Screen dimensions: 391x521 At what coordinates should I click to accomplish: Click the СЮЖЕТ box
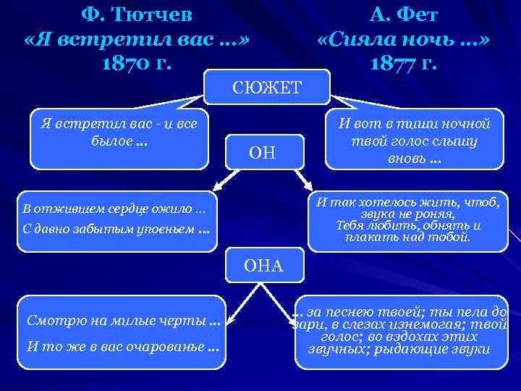pyautogui.click(x=267, y=88)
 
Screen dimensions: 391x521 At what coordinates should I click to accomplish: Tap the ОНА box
pyautogui.click(x=263, y=266)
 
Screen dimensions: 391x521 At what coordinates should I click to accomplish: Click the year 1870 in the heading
pyautogui.click(x=128, y=62)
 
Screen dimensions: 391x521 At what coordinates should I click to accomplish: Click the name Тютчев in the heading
pyautogui.click(x=148, y=14)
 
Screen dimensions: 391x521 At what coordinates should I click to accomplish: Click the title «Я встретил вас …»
pyautogui.click(x=137, y=38)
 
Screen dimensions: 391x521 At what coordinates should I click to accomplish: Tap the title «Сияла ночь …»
pyautogui.click(x=403, y=38)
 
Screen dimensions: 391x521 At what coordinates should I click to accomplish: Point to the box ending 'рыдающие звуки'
pyautogui.click(x=399, y=330)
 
